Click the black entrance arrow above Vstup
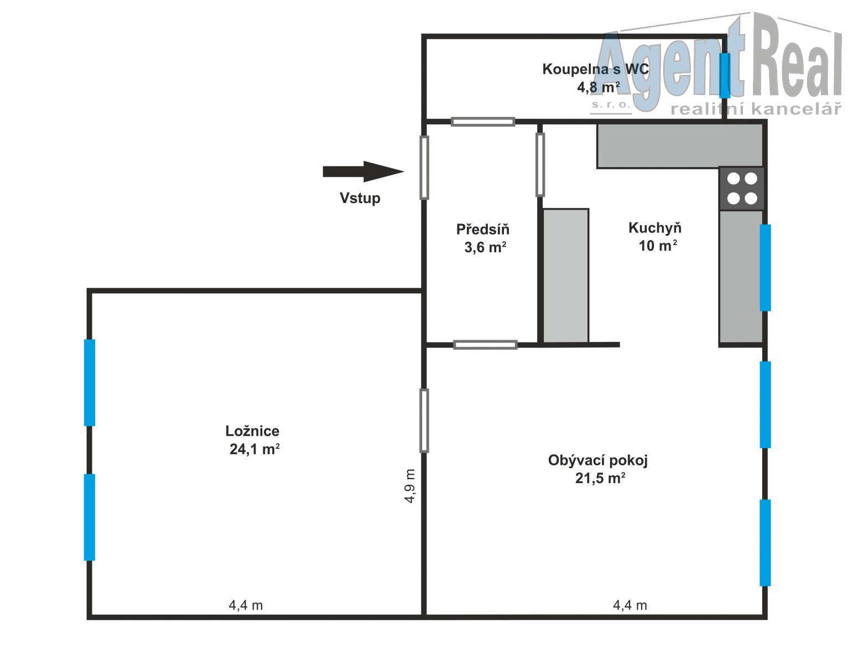363,172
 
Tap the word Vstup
360,198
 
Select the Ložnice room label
252,431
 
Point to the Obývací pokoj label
598,460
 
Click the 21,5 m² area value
600,478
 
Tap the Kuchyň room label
655,228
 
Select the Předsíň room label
483,229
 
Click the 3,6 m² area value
485,247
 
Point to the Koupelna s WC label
596,69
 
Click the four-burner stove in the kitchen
742,189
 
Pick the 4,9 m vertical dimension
410,486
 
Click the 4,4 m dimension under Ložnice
246,605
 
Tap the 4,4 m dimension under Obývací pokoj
630,605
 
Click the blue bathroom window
725,75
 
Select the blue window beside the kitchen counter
765,268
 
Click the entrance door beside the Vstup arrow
424,167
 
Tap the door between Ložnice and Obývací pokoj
424,421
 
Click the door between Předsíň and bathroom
483,122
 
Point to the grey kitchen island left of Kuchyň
565,276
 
